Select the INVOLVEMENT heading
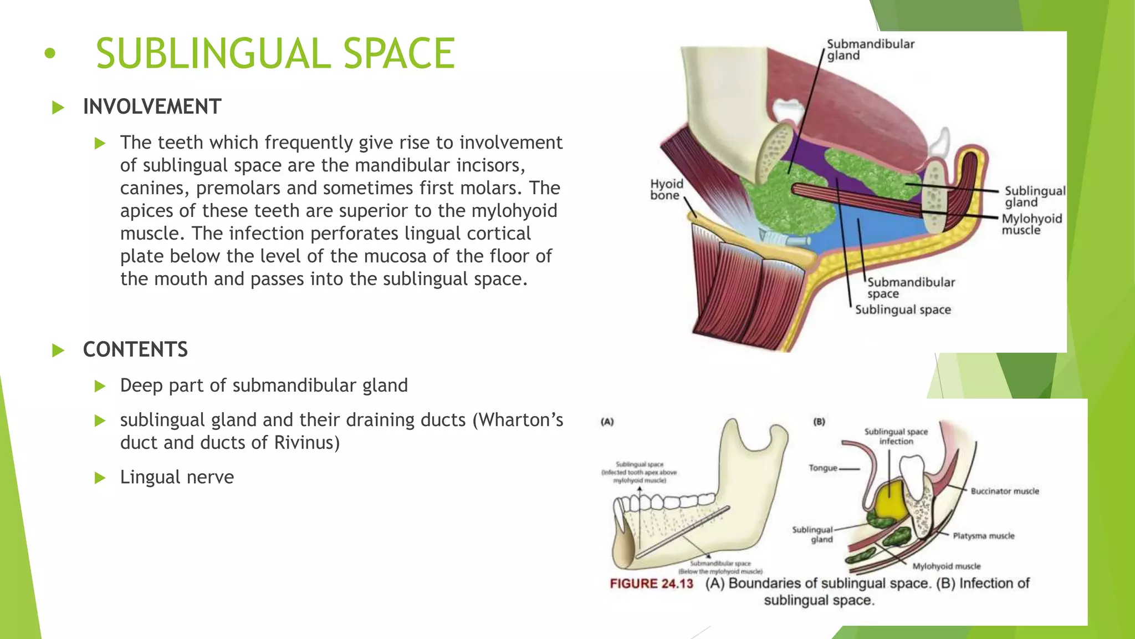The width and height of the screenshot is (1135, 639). pos(152,106)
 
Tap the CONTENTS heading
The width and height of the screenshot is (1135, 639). pos(135,349)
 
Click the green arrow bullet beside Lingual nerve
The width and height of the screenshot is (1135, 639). pos(100,478)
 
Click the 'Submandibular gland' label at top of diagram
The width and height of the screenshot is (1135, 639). pos(870,49)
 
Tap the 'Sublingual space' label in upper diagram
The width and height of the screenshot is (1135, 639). pos(902,310)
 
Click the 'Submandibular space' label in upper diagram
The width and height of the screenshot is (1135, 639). pos(910,287)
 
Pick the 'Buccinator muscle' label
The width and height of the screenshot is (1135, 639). pos(1004,491)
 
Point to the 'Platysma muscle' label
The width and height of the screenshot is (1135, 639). pos(983,536)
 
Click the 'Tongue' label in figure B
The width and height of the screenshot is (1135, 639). pos(822,468)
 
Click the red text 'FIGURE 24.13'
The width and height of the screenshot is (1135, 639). pos(651,584)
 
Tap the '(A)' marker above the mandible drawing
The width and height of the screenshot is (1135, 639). pos(607,422)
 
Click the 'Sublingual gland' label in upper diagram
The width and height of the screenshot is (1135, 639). pos(1034,196)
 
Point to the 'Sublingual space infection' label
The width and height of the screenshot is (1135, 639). pos(896,436)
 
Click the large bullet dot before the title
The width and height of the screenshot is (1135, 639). pos(50,54)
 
